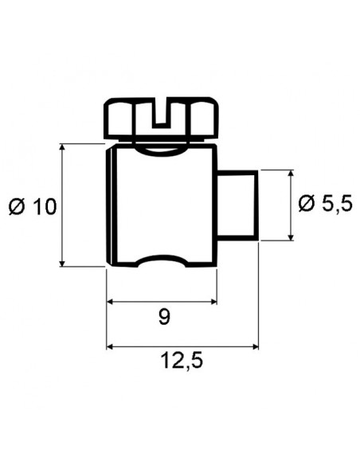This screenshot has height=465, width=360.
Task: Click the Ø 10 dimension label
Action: pyautogui.click(x=33, y=207)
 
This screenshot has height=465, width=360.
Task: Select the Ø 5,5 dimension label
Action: pyautogui.click(x=325, y=204)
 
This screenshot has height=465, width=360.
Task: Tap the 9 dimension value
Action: pyautogui.click(x=163, y=318)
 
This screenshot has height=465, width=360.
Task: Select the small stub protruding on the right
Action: pyautogui.click(x=237, y=204)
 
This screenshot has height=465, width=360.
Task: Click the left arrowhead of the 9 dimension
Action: pyautogui.click(x=112, y=302)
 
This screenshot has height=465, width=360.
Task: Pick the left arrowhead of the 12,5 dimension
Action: pyautogui.click(x=112, y=346)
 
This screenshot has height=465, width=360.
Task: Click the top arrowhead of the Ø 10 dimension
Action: pyautogui.click(x=62, y=149)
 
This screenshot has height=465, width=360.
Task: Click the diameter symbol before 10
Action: pyautogui.click(x=18, y=207)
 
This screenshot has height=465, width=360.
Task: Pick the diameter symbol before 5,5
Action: pyautogui.click(x=307, y=204)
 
